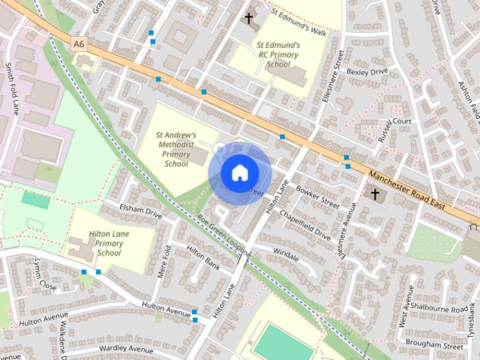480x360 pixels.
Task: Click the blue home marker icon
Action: tap(238, 173)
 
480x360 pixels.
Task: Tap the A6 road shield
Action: tap(79, 45)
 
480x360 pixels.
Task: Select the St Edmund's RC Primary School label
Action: tap(278, 55)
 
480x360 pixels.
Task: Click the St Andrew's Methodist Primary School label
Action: tap(175, 148)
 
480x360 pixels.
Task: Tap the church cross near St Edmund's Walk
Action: tap(248, 17)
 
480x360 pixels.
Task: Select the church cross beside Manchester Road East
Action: tap(374, 195)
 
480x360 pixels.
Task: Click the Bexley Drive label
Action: tap(367, 72)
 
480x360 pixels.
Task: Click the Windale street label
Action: tap(286, 254)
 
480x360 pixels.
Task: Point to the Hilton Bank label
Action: tap(202, 257)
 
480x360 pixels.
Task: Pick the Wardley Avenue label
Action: tap(115, 349)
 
